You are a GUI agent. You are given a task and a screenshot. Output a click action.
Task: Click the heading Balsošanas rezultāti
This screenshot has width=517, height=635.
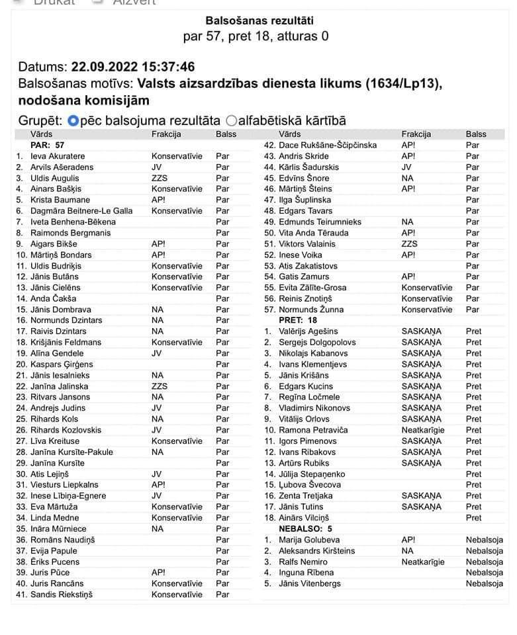[256, 21]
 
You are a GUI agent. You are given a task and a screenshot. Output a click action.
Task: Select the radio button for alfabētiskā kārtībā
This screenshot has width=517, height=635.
[231, 120]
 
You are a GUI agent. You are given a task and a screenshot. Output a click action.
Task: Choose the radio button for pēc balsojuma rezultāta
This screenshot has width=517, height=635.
[73, 120]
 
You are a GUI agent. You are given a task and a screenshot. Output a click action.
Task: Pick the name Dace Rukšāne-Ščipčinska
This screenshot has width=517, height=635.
[328, 145]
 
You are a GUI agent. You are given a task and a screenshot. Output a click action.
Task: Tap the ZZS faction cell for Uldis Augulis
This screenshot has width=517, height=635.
[160, 178]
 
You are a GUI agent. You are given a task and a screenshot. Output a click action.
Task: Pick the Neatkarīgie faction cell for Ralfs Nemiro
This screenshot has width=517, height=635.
[423, 562]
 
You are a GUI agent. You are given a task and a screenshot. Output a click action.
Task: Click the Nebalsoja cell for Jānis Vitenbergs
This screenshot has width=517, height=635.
[484, 583]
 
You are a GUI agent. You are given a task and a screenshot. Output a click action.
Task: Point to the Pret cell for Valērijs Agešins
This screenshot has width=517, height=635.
[473, 331]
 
